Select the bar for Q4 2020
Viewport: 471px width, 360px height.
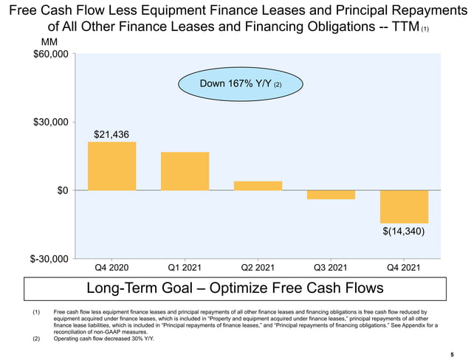tap(111, 166)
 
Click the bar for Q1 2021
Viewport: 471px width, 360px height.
tap(185, 171)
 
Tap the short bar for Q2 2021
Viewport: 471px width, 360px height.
tap(258, 186)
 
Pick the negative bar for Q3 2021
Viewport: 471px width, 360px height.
tap(331, 195)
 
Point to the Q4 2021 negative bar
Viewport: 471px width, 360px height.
tap(404, 207)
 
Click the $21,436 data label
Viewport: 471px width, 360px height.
tap(112, 134)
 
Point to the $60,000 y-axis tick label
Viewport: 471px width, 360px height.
tap(49, 55)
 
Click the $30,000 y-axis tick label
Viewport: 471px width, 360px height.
tap(49, 122)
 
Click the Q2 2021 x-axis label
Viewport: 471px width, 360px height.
tap(258, 267)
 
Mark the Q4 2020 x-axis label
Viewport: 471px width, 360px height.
tap(111, 267)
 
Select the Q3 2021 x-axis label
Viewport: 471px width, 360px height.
tap(331, 267)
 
